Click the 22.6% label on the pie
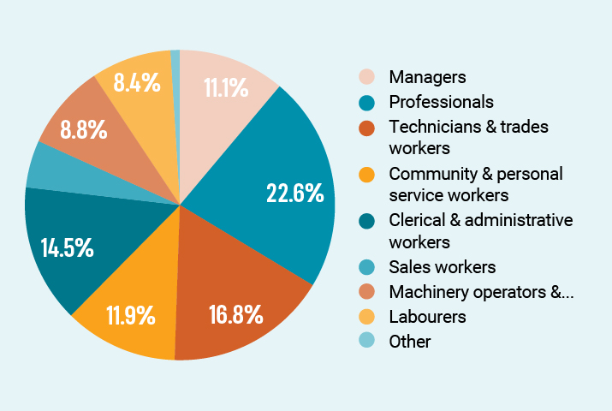point(294,193)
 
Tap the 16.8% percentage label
point(235,315)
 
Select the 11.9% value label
point(130,315)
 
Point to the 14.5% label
point(67,248)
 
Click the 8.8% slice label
point(84,130)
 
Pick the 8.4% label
point(136,82)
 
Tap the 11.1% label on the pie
point(226,87)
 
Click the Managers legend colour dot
point(366,77)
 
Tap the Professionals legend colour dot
point(366,102)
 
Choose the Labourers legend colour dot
point(366,317)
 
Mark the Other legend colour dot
point(366,342)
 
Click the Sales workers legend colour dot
point(366,267)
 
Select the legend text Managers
point(427,77)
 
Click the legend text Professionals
point(441,102)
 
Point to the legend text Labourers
point(426,317)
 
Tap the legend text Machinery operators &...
point(480,292)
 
